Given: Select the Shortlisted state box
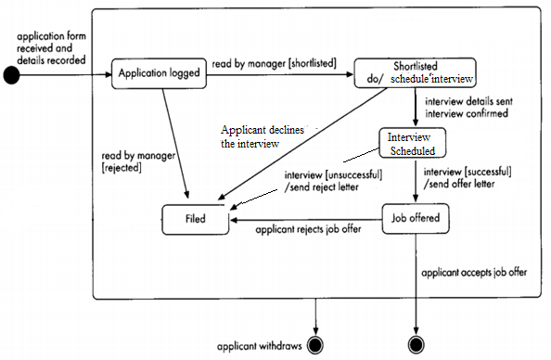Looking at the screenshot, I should coord(416,73).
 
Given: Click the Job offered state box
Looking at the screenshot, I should coord(415,221).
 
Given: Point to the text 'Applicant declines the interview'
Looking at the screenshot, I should coord(255,137).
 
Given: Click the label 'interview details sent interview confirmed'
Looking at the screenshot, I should coord(465,108).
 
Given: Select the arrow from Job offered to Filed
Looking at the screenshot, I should coord(306,221).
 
